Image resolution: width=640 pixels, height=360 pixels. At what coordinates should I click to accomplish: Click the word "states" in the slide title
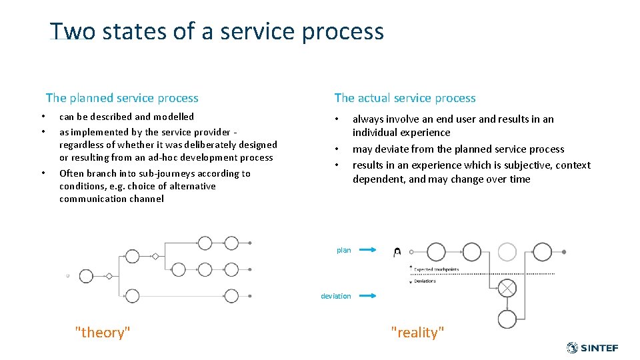[124, 32]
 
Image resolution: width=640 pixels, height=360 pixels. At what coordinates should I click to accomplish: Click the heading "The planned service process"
[122, 98]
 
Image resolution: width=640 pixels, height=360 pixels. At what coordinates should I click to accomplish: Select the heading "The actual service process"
[405, 98]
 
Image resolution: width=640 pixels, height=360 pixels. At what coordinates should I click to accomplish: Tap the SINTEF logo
[592, 348]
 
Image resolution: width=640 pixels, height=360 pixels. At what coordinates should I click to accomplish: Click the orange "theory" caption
[103, 333]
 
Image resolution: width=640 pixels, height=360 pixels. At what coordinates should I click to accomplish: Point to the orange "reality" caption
[417, 333]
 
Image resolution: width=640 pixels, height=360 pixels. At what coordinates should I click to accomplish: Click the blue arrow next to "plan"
[365, 250]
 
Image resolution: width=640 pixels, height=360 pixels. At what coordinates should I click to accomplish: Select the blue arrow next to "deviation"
[365, 296]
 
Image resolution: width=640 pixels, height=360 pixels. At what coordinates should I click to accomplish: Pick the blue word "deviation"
[335, 296]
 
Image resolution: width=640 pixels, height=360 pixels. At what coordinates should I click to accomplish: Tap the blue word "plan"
[343, 250]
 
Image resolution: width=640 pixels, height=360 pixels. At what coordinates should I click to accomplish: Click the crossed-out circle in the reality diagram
[507, 287]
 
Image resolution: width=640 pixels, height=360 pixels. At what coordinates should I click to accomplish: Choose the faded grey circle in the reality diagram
[507, 252]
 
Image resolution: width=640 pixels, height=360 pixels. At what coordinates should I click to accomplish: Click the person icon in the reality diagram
[397, 252]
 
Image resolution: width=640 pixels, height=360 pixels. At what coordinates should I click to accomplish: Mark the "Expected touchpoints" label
[436, 269]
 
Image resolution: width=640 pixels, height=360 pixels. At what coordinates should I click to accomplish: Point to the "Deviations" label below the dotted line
[425, 281]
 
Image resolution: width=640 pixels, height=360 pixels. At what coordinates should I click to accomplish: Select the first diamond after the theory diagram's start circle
[109, 275]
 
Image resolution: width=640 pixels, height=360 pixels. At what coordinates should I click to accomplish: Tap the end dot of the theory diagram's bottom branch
[250, 295]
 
